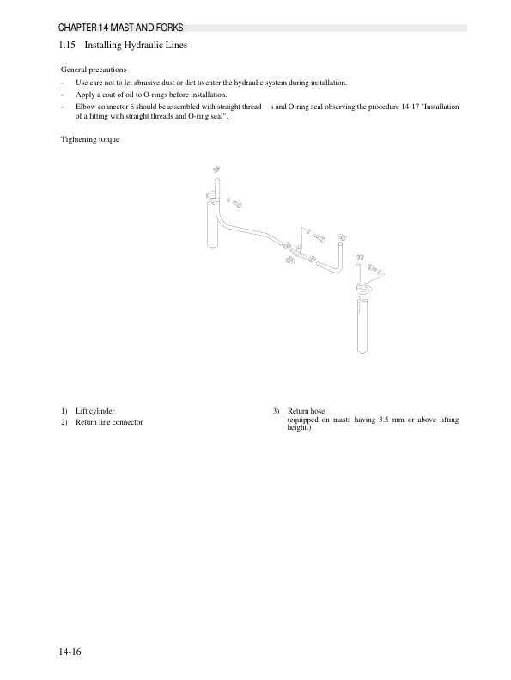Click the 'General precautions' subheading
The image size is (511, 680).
click(94, 68)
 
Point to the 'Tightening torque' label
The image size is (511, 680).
click(90, 138)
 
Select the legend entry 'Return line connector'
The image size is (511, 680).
click(108, 422)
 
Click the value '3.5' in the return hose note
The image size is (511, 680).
click(385, 420)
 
